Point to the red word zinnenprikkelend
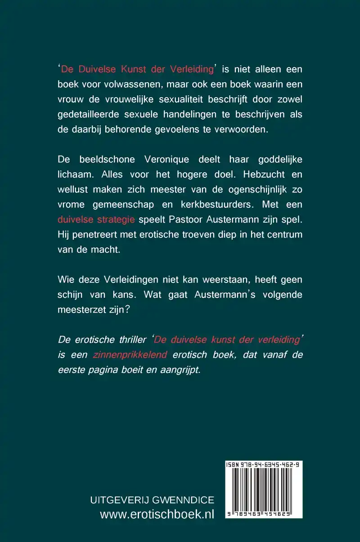tap(130, 355)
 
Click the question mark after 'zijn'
tap(128, 309)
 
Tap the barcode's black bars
tap(263, 490)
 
